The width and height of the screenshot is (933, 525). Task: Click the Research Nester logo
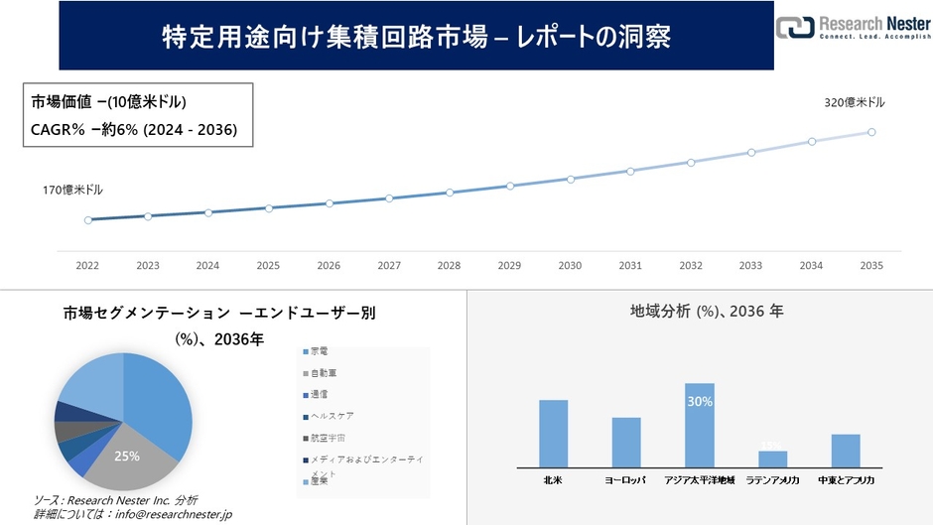coord(853,28)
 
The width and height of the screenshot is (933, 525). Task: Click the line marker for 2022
coord(88,220)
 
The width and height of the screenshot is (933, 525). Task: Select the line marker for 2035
coord(871,132)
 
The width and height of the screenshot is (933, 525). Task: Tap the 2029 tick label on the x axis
coord(509,266)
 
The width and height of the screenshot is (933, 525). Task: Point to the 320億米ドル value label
coord(854,102)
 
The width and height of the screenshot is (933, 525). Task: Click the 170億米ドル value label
coord(72,190)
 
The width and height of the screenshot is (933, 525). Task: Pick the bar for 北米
coord(553,433)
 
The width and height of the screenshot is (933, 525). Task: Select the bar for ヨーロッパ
coord(626,442)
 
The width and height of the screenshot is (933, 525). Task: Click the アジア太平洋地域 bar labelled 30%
coord(700,424)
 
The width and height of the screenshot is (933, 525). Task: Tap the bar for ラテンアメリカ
coord(772,459)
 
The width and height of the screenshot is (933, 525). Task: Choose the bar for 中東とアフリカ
coord(846,450)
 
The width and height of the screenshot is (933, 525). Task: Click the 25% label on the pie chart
coord(127,456)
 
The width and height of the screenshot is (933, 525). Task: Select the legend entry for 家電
coord(320,351)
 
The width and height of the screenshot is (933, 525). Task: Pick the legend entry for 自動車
coord(324,373)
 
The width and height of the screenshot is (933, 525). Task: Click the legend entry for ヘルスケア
coord(330,416)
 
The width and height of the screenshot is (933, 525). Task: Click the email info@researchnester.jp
coord(175,514)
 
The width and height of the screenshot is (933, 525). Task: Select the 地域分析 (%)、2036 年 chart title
coord(707,312)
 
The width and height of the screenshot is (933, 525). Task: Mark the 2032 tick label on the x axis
coord(691,266)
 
